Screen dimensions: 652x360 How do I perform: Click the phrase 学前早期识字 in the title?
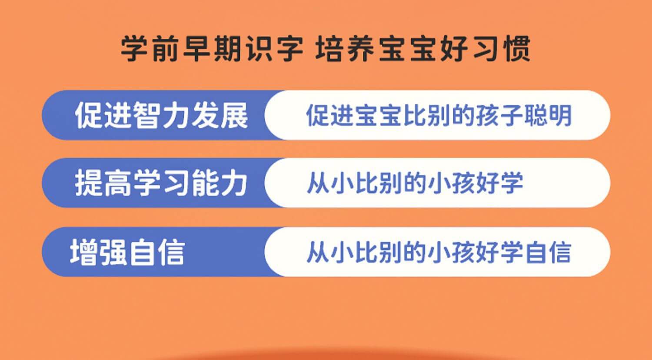212,49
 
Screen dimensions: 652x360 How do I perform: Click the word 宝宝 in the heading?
408,49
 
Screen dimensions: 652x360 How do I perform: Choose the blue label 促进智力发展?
162,115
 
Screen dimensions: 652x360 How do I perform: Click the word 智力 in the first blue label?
162,115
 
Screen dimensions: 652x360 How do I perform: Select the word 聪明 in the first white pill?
548,115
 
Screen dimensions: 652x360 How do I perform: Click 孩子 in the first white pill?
499,115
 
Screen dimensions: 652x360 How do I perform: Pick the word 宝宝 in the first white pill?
379,115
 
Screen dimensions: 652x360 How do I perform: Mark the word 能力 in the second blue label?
219,183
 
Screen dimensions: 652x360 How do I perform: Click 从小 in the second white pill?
330,183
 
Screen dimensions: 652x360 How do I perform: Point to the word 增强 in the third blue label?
98,252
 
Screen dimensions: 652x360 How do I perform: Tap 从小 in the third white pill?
330,252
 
